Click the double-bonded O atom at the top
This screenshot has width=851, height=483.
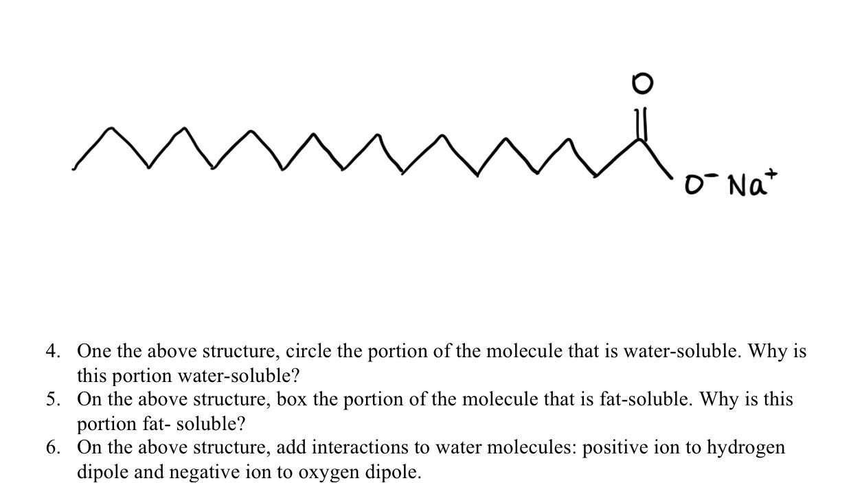tap(641, 84)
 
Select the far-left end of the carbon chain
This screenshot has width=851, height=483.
tap(74, 167)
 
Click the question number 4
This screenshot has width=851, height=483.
tap(52, 352)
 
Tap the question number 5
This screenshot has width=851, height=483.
tap(52, 400)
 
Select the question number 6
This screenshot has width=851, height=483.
tap(52, 448)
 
